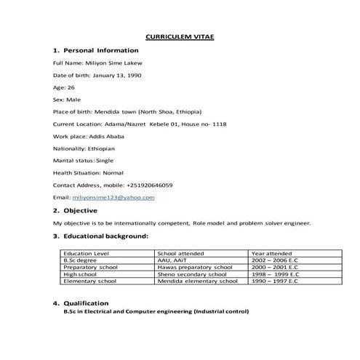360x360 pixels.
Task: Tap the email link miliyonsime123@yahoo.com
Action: pyautogui.click(x=113, y=197)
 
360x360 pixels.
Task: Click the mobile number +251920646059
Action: pyautogui.click(x=149, y=185)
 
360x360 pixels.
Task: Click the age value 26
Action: pyautogui.click(x=71, y=87)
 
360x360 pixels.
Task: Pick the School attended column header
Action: pyautogui.click(x=181, y=253)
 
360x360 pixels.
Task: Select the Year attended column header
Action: pyautogui.click(x=272, y=253)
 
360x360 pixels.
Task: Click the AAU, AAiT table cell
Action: pyautogui.click(x=173, y=260)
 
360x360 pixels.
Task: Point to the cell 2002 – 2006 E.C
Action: pyautogui.click(x=277, y=260)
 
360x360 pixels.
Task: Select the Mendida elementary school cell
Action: pyautogui.click(x=197, y=280)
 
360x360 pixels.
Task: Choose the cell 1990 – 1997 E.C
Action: pyautogui.click(x=277, y=280)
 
